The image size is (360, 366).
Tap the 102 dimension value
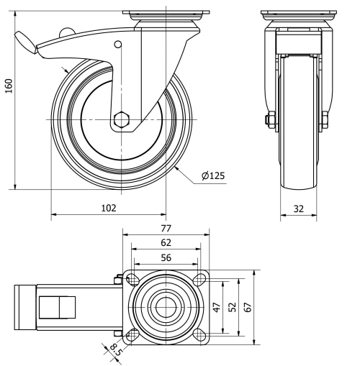coord(108,207)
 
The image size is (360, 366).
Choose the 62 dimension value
coord(166,242)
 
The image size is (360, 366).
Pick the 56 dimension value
coord(166,257)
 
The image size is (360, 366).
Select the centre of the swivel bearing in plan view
coord(166,306)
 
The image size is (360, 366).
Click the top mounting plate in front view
coord(299,14)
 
